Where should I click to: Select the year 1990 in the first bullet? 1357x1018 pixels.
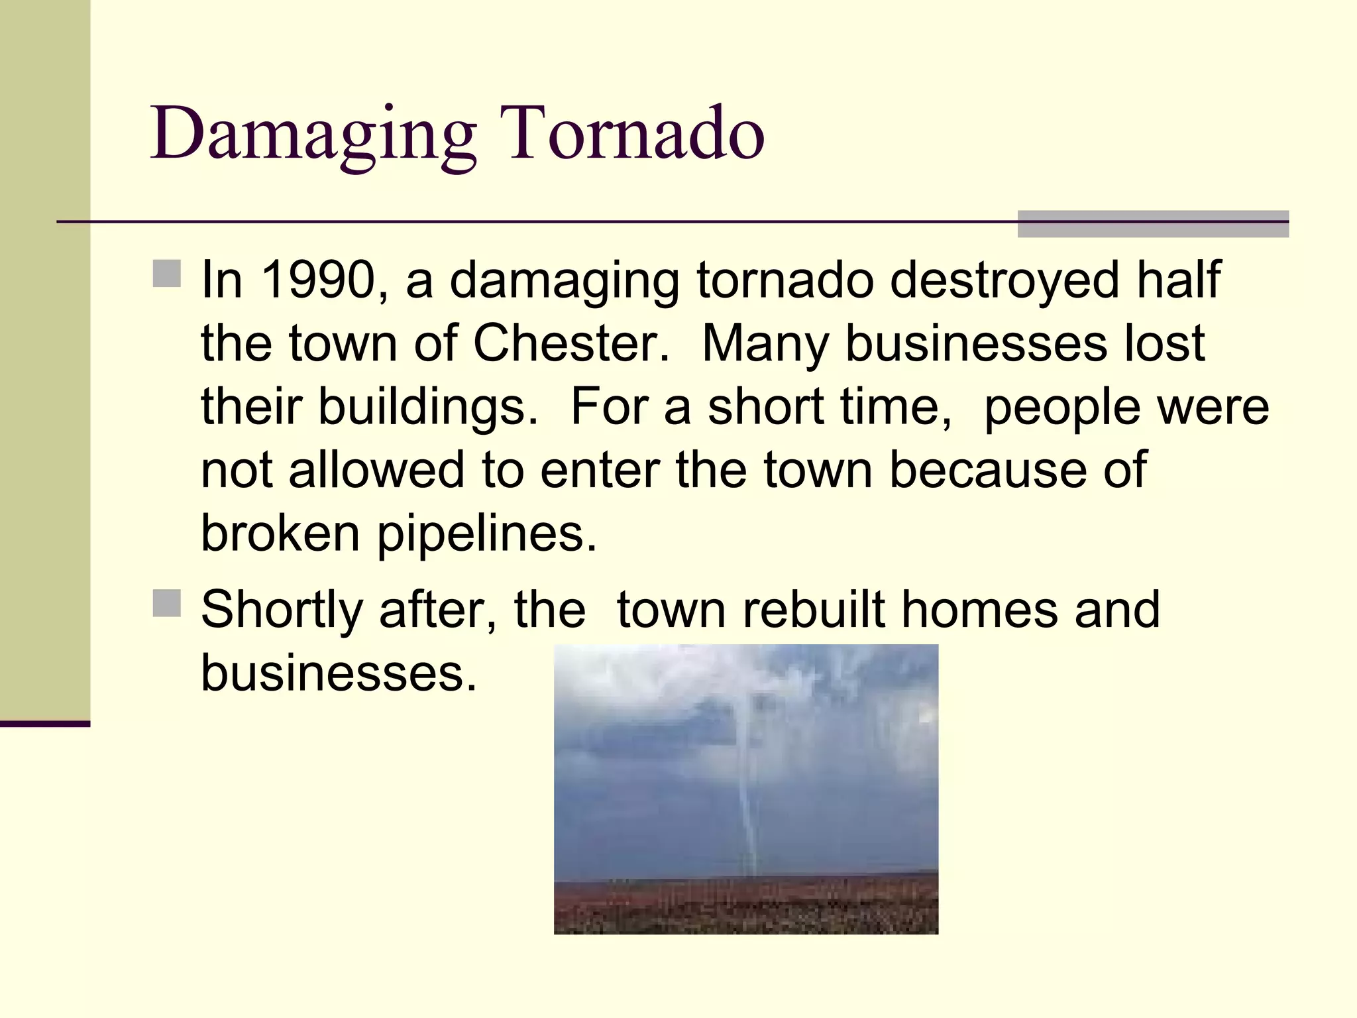coord(319,280)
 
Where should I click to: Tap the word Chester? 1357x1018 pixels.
coord(571,344)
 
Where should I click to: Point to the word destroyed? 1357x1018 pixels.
coord(1004,280)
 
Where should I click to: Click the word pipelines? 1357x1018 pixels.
coord(487,534)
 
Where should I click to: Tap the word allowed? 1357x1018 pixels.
coord(376,471)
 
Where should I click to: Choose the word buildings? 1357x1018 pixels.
coord(427,407)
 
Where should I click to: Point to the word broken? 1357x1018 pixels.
coord(280,534)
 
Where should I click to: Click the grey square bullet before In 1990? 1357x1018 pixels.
coord(166,273)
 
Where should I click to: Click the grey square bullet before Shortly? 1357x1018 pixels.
coord(166,603)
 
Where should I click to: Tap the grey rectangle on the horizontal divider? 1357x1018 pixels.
coord(1152,224)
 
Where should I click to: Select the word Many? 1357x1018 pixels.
coord(765,345)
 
